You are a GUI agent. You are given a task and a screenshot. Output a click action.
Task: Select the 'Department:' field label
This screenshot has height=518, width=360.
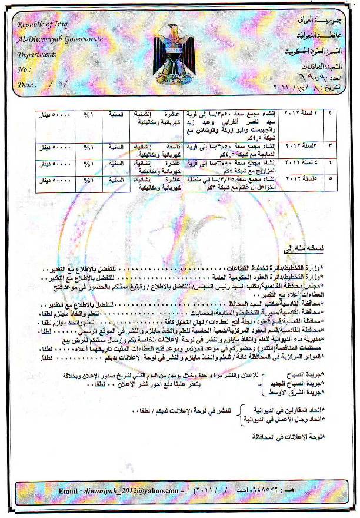[x=37, y=54]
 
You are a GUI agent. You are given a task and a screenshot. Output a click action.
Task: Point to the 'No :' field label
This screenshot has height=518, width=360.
[x=24, y=69]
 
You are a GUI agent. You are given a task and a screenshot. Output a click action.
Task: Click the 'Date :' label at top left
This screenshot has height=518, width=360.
[x=28, y=85]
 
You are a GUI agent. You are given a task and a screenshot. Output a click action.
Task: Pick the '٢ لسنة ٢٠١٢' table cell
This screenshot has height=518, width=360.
[x=304, y=113]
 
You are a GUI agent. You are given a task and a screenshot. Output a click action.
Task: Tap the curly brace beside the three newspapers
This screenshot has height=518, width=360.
[x=262, y=383]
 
